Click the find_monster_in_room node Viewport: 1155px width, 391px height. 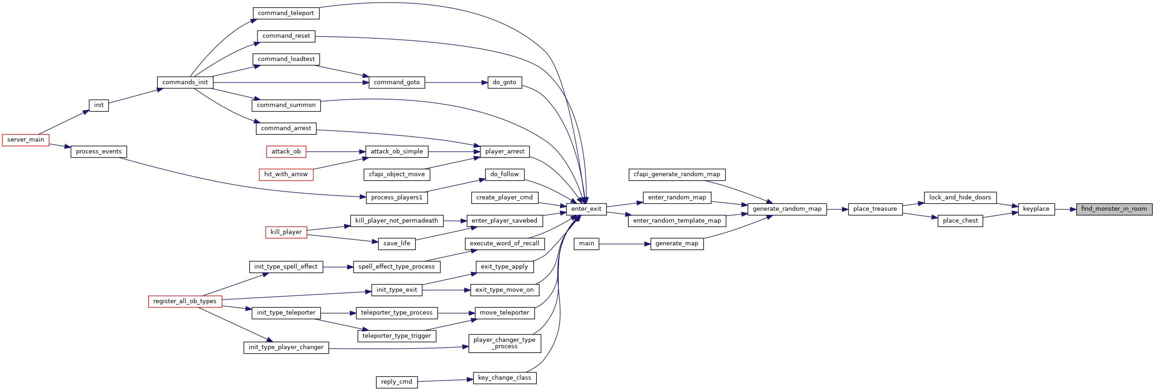tap(1114, 209)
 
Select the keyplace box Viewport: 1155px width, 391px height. tap(1036, 209)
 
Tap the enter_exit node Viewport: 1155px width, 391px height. tap(586, 209)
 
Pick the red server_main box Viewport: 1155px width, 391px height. tap(25, 140)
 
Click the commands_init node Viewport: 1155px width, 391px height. tap(185, 82)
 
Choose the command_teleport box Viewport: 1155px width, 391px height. tap(286, 13)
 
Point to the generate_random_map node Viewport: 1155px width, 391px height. tap(787, 209)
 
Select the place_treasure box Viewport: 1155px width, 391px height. tap(875, 209)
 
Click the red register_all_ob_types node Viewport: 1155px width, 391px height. tap(185, 301)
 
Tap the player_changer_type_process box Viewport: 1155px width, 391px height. tap(504, 343)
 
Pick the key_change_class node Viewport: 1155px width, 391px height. tap(504, 378)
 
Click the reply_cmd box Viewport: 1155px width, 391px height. tap(397, 382)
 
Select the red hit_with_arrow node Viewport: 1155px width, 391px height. tap(286, 174)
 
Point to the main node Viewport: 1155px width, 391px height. tap(586, 244)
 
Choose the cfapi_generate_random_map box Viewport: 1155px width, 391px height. tap(677, 174)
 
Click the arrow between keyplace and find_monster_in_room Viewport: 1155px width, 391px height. tap(1065, 209)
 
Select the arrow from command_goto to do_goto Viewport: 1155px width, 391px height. tap(456, 82)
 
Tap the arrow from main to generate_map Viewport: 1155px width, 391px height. tap(625, 244)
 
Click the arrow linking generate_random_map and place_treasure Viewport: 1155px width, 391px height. tap(837, 209)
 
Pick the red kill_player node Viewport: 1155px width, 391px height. tap(286, 232)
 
